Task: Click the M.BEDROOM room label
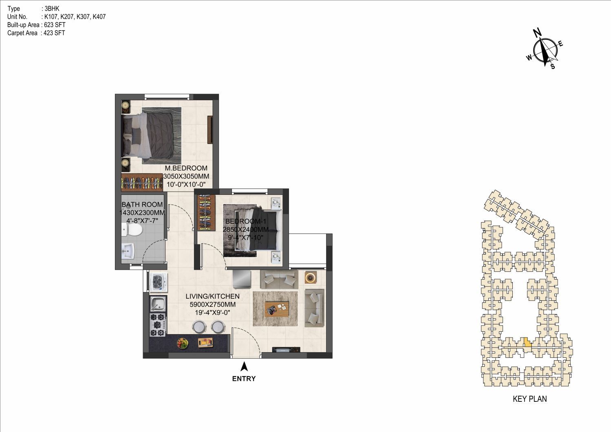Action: coord(186,168)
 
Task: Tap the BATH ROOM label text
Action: coord(142,205)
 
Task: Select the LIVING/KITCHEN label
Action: coord(212,296)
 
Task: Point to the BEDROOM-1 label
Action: coord(246,221)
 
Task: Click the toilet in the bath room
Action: coord(132,229)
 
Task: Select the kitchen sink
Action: coord(158,304)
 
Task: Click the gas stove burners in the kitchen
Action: coord(158,325)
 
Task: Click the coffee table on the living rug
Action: coord(277,309)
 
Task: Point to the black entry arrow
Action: coord(244,366)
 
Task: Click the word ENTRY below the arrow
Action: coord(244,379)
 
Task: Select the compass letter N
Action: coord(537,33)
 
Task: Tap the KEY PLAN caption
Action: coord(530,399)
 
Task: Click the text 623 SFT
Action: coord(55,25)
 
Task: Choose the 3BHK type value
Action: coord(52,9)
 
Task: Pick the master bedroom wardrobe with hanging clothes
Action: coord(142,182)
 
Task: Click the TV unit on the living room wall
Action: coord(287,349)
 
